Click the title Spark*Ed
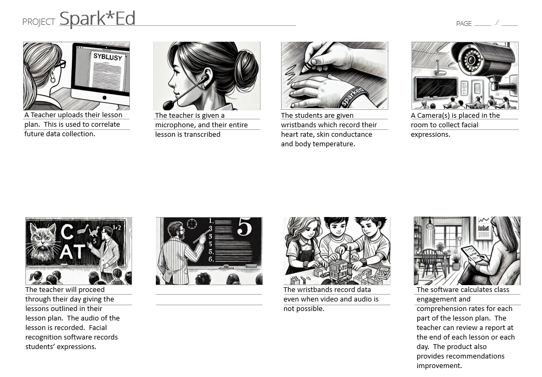pos(97,18)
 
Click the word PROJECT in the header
pos(39,22)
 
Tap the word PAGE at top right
pos(463,24)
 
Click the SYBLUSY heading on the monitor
pos(107,56)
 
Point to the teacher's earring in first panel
pos(52,79)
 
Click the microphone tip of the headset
pos(169,104)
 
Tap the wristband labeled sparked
pos(351,97)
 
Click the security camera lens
pos(470,60)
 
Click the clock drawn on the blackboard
pos(191,223)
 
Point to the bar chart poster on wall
pos(483,228)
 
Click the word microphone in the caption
pos(175,125)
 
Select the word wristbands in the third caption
pos(300,125)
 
